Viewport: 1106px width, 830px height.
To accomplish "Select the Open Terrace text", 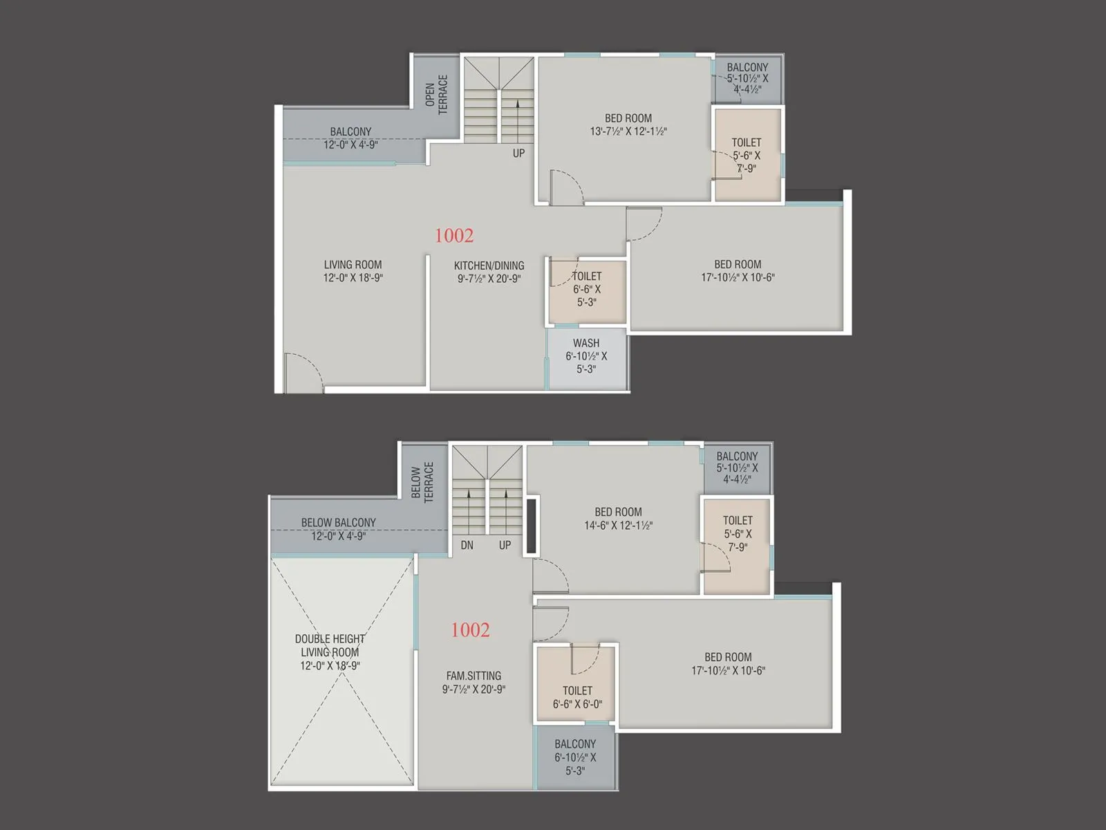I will click(436, 94).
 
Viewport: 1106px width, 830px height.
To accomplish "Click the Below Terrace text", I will click(422, 482).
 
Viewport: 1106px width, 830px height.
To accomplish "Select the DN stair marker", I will click(467, 545).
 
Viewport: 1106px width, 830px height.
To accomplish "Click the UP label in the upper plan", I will click(518, 153).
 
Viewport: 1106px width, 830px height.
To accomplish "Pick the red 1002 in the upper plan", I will click(454, 236).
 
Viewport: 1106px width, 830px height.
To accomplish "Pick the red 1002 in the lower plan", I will click(470, 630).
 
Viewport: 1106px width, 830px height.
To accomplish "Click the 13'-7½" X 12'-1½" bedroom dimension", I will click(628, 131).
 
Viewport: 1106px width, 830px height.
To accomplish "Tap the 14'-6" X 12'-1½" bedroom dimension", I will click(618, 525).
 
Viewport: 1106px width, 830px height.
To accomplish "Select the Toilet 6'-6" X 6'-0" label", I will click(577, 697).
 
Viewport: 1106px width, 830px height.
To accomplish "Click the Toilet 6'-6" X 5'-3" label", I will click(587, 289).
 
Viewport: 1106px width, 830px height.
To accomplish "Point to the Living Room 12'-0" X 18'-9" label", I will click(353, 271).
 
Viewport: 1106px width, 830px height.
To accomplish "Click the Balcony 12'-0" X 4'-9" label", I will click(350, 138).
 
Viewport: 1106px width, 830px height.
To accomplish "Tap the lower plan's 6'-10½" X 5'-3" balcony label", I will click(575, 757).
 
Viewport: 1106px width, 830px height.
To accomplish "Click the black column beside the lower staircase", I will click(531, 526).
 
